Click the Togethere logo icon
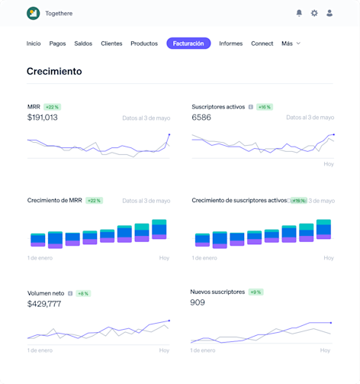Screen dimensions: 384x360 pyautogui.click(x=33, y=13)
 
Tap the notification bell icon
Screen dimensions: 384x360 pyautogui.click(x=299, y=13)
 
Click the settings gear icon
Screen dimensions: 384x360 pyautogui.click(x=314, y=13)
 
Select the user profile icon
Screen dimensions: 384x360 pyautogui.click(x=329, y=13)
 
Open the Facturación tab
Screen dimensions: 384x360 pyautogui.click(x=188, y=44)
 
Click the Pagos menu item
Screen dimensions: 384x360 pyautogui.click(x=57, y=44)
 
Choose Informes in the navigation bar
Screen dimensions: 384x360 pyautogui.click(x=230, y=44)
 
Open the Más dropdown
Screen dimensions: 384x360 pyautogui.click(x=291, y=44)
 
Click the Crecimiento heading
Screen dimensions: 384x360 pyautogui.click(x=54, y=71)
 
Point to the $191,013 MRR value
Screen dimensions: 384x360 pyautogui.click(x=42, y=118)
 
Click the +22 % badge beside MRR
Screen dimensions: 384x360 pyautogui.click(x=52, y=107)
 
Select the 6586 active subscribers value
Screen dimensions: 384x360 pyautogui.click(x=201, y=118)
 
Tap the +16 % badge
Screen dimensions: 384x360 pyautogui.click(x=265, y=107)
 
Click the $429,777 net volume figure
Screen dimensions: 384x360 pyautogui.click(x=43, y=304)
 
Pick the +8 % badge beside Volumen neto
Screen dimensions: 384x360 pyautogui.click(x=83, y=293)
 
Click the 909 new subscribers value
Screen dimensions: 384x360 pyautogui.click(x=198, y=302)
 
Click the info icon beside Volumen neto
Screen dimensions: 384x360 pyautogui.click(x=70, y=293)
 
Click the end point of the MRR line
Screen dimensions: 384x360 pyautogui.click(x=169, y=134)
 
